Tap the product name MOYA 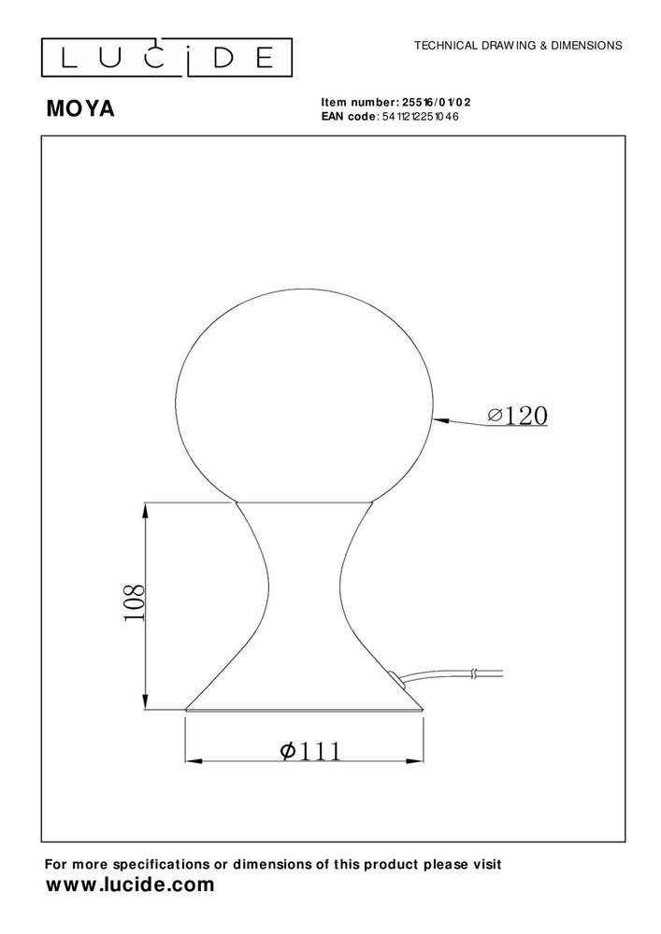coord(80,109)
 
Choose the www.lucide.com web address coord(131,884)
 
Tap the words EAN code coord(347,116)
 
